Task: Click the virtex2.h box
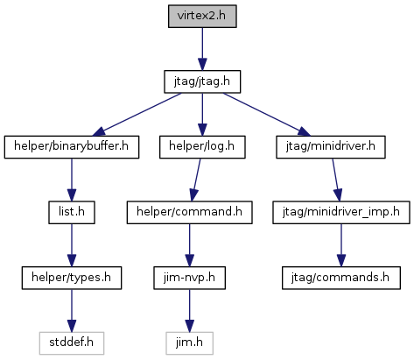point(202,17)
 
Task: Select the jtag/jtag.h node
point(202,81)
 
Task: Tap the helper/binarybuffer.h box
point(72,147)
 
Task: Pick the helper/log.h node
point(202,147)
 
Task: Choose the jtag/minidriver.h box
point(331,147)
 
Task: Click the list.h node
point(72,213)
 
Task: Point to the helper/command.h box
point(189,213)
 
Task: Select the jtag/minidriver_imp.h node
point(341,213)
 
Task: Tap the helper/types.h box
point(72,278)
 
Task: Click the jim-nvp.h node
point(189,278)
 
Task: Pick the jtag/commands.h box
point(341,278)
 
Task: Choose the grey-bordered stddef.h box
point(72,343)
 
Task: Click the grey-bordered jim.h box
point(189,343)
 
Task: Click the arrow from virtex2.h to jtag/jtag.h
point(202,49)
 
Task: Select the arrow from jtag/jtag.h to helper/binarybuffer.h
point(137,115)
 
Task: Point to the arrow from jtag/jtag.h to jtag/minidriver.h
point(267,115)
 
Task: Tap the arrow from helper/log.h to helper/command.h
point(196,180)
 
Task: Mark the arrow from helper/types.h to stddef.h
point(72,311)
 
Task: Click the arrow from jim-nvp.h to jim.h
point(189,311)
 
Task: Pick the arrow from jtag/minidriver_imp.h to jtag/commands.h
point(341,245)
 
